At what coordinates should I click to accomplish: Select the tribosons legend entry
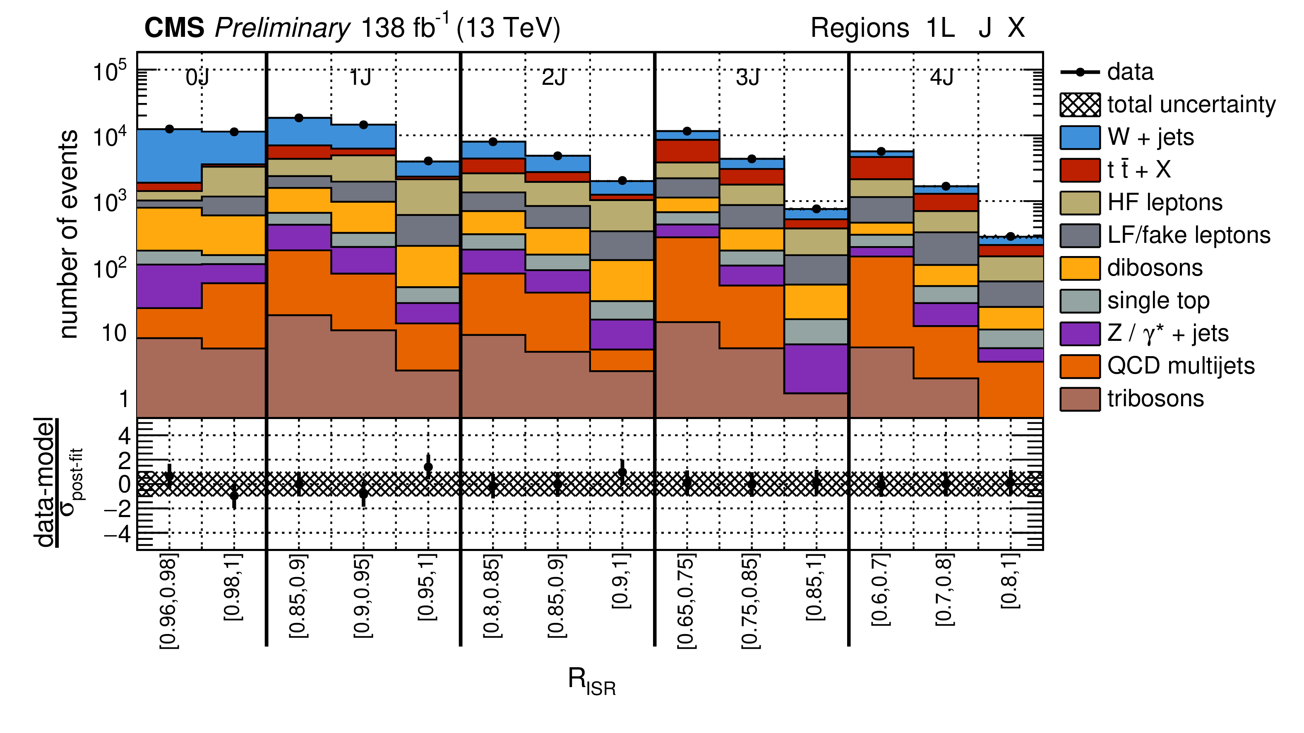1155,399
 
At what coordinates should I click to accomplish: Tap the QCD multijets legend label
1181,366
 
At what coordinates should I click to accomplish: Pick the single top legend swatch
1079,301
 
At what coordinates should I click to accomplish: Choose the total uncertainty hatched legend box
1079,105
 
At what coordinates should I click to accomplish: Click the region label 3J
748,77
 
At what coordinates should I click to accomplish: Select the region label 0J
197,77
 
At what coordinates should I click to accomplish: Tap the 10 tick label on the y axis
114,333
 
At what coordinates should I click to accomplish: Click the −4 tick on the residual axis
117,534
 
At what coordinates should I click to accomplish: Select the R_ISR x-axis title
591,680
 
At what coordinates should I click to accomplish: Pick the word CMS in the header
174,28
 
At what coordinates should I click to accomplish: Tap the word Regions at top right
860,28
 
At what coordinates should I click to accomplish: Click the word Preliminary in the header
282,28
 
